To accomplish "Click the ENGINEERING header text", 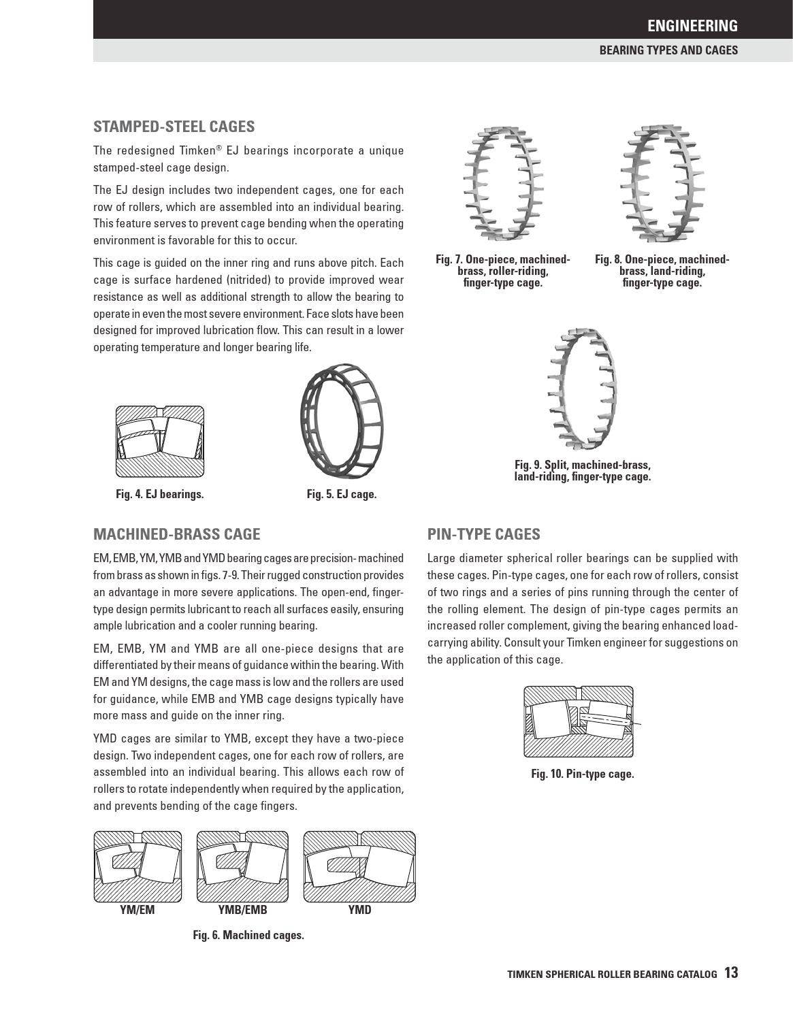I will pos(692,26).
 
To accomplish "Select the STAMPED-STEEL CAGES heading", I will pos(174,127).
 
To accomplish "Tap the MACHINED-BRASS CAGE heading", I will pos(176,534).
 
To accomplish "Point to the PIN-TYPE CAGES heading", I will pos(483,534).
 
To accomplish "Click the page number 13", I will pos(731,973).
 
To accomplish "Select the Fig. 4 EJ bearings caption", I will pos(159,494).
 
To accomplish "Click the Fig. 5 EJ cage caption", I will pos(341,494).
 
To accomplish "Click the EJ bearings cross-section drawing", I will pos(160,442).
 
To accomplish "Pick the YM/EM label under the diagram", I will pos(137,910).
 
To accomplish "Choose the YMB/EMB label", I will pos(242,910).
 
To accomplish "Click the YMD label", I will pos(359,910).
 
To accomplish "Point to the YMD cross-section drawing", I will pos(359,866).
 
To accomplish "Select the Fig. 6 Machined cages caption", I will pos(248,935).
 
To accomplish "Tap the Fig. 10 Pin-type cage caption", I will pos(582,774).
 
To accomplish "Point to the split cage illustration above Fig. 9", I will pos(583,388).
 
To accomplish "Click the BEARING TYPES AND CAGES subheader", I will pos(668,50).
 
